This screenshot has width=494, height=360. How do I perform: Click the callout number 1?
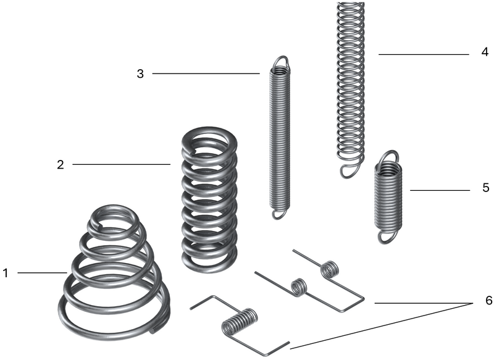[x=5, y=273]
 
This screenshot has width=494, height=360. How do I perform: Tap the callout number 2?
[x=61, y=164]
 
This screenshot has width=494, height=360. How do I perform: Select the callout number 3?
[x=140, y=74]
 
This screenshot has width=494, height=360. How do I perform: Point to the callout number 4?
[x=485, y=52]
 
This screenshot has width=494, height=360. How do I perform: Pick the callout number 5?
[x=486, y=188]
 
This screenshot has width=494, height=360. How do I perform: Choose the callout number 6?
[x=488, y=301]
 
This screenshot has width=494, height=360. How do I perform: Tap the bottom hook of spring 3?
[x=278, y=213]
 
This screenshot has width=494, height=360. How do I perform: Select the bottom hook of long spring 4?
[x=349, y=169]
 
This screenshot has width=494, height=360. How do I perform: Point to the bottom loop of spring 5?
[x=387, y=237]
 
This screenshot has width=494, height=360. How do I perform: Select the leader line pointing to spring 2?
[x=122, y=164]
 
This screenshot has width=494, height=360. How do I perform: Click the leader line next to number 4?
[x=424, y=54]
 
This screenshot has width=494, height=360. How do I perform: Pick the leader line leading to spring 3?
[x=206, y=73]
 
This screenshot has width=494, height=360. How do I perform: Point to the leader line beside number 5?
[x=440, y=190]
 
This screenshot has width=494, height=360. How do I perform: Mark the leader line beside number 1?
[x=43, y=273]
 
